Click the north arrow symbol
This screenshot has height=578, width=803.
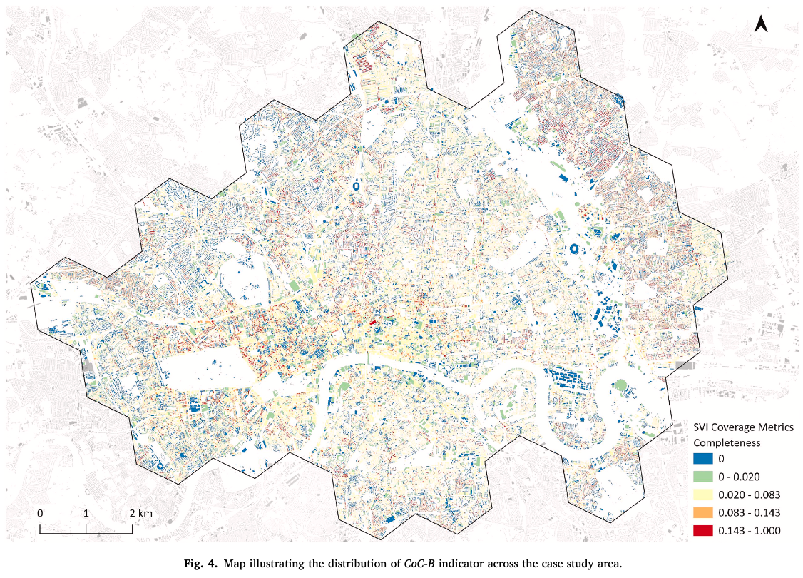[761, 24]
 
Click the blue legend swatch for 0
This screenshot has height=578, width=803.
[703, 459]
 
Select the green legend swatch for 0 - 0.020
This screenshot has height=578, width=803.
[703, 477]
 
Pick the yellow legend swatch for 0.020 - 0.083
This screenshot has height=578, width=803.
[703, 495]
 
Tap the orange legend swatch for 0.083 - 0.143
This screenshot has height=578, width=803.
[703, 512]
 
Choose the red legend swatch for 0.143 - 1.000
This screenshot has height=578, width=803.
[703, 530]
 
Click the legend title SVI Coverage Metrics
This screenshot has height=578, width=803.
[744, 427]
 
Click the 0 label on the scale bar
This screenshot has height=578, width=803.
[40, 513]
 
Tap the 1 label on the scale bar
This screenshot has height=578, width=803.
[86, 513]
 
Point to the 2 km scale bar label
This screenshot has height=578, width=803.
[140, 513]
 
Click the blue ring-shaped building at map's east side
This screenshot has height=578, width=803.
[573, 249]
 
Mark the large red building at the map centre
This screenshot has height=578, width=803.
[372, 323]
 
